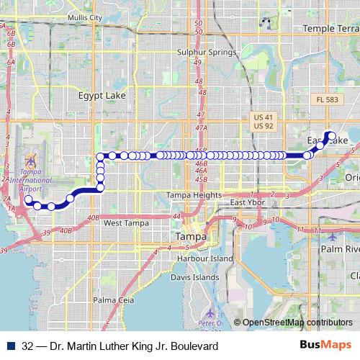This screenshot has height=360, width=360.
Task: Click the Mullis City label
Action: (84, 17)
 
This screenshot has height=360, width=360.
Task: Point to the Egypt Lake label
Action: (102, 94)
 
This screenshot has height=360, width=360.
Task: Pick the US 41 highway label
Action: (264, 116)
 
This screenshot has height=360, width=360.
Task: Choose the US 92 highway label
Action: (264, 126)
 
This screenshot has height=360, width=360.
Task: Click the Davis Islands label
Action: (194, 276)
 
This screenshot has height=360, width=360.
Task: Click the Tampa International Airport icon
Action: (30, 158)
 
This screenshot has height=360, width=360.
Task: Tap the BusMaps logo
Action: (325, 346)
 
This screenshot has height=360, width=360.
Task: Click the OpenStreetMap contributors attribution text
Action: (297, 323)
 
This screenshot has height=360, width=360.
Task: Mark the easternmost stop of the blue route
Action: (331, 134)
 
